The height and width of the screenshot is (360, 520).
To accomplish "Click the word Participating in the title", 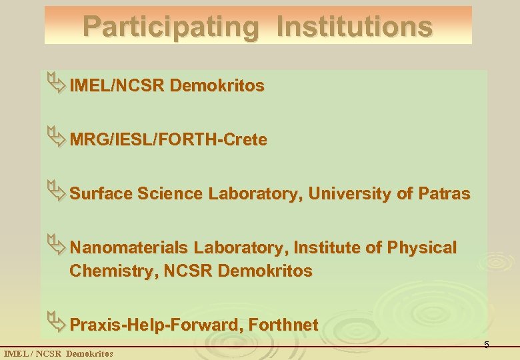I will click(170, 27).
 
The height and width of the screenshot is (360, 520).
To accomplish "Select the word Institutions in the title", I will click(354, 27).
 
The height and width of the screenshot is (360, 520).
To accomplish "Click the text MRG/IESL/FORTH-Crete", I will click(168, 140).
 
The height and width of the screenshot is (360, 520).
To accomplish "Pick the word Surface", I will click(101, 194).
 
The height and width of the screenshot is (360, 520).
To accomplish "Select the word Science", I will click(170, 194).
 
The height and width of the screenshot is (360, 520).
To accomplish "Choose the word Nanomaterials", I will click(129, 248).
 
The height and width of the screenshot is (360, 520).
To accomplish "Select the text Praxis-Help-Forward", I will click(157, 325).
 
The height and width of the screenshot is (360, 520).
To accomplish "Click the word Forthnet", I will click(283, 325).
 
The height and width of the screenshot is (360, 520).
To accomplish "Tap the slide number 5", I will click(487, 345).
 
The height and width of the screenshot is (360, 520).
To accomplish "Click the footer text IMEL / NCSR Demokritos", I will click(59, 353).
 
